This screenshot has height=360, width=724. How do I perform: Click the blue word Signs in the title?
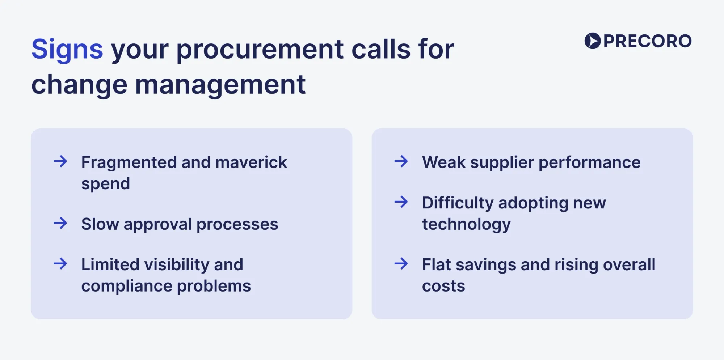point(67,49)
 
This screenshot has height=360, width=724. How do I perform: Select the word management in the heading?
point(220,85)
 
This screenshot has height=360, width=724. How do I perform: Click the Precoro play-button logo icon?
point(592,41)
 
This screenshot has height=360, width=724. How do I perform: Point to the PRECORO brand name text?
point(647,41)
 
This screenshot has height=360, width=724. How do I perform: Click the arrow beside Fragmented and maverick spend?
point(60,161)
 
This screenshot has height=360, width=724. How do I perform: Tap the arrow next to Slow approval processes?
point(60,223)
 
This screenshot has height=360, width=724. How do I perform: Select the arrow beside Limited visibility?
point(60,264)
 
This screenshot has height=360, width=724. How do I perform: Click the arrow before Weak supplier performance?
point(401,161)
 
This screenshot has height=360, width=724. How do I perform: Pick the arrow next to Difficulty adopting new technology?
point(401,202)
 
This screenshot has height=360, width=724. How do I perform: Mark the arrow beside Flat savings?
point(401,264)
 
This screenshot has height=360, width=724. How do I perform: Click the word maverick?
point(251,162)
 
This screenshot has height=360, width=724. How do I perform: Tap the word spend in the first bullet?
point(105,184)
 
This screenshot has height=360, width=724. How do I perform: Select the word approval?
point(157,225)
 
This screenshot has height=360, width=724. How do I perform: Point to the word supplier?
point(502,163)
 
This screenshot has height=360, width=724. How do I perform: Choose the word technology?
point(466,225)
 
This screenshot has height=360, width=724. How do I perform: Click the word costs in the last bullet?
point(443,286)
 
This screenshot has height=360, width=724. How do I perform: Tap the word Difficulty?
point(458,203)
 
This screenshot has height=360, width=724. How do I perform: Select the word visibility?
point(176,265)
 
